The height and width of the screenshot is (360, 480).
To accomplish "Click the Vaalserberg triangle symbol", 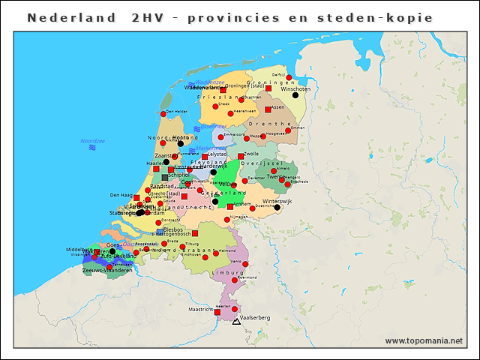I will pos(236,322).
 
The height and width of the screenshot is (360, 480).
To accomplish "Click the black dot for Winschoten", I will pos(295,95).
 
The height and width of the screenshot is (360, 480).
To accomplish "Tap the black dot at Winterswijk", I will pos(277,208).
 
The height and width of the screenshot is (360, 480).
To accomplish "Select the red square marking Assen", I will pos(268,108).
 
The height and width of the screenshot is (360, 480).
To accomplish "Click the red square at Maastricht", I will pos(218,310).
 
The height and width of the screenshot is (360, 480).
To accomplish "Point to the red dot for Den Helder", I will pos(163,114).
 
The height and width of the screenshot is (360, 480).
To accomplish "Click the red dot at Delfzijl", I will pos(289,77).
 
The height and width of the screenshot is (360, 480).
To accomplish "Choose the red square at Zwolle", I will pos(241,157).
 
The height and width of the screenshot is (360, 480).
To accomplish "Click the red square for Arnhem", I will pos(230,206).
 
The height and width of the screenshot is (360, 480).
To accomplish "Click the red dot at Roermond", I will pos(235,280).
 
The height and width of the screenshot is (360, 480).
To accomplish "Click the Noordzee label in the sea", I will pos(92,141).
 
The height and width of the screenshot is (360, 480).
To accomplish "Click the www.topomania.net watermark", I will pos(424,341).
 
